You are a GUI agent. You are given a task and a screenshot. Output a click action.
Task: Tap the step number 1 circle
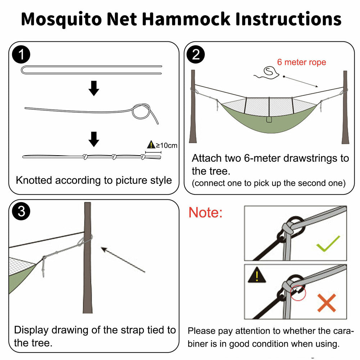[21, 55]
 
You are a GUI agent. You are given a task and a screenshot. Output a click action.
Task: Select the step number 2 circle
[196, 55]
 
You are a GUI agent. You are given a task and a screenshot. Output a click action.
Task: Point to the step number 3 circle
[21, 212]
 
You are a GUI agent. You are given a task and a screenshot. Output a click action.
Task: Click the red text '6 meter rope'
[301, 62]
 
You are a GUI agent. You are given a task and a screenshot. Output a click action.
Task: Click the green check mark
[328, 244]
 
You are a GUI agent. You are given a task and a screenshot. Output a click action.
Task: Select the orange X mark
[327, 302]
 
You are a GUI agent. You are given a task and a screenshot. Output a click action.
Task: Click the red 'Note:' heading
[206, 213]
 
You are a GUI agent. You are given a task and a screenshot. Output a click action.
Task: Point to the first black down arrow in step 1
[94, 88]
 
